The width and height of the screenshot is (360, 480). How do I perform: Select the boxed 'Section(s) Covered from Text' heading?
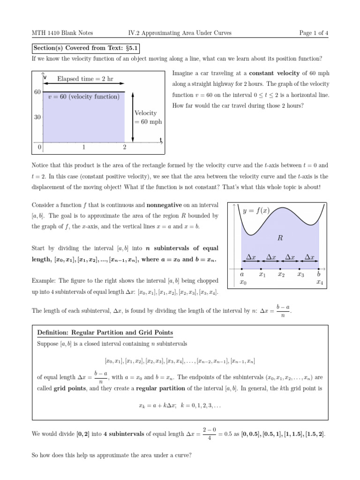coord(85,48)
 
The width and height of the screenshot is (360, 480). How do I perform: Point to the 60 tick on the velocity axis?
coord(37,92)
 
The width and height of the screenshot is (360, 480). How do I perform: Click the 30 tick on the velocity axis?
coord(37,117)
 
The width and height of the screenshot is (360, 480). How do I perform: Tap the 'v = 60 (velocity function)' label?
coord(84,97)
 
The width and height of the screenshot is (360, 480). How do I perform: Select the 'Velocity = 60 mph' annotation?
coord(148,117)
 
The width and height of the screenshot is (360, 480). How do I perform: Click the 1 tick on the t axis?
coord(83,147)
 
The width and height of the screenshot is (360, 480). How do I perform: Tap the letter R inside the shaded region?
coord(280,238)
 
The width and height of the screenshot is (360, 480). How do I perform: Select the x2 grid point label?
coord(281,274)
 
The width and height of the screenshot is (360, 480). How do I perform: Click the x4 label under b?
coord(319,282)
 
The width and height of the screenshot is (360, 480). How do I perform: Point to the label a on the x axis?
coord(241,274)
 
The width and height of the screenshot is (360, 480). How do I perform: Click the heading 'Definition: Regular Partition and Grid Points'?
coord(105,333)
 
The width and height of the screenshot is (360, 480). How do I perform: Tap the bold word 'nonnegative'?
coord(165,205)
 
